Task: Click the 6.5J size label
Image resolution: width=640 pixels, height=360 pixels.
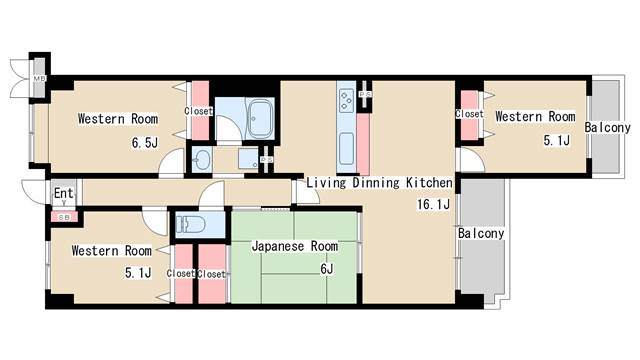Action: tap(145, 143)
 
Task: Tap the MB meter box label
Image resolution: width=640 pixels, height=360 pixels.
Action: tap(40, 79)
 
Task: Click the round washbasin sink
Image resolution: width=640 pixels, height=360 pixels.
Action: tap(202, 159)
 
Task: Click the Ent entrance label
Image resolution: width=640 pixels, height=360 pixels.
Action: tap(63, 193)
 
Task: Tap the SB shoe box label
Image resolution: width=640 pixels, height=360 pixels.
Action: tap(62, 216)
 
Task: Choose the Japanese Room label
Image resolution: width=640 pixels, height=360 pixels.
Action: tap(294, 246)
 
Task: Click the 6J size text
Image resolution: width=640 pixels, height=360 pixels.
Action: tap(326, 268)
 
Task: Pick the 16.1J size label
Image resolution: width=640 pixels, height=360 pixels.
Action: tap(433, 205)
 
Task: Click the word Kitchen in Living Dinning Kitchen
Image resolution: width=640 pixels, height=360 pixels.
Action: tap(429, 183)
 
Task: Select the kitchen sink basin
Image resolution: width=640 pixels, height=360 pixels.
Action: tap(346, 148)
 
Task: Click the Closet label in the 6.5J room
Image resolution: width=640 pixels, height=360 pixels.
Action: tap(198, 111)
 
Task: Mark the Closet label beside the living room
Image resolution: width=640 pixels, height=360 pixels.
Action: tap(469, 114)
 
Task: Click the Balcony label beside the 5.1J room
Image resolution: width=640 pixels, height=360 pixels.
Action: tap(607, 129)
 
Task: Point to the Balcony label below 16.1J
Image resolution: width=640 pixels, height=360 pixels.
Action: tap(481, 234)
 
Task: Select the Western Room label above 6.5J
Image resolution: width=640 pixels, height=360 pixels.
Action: tap(117, 119)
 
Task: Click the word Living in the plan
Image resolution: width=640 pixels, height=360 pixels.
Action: tap(326, 183)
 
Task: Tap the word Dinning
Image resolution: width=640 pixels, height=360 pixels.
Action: tap(376, 183)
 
